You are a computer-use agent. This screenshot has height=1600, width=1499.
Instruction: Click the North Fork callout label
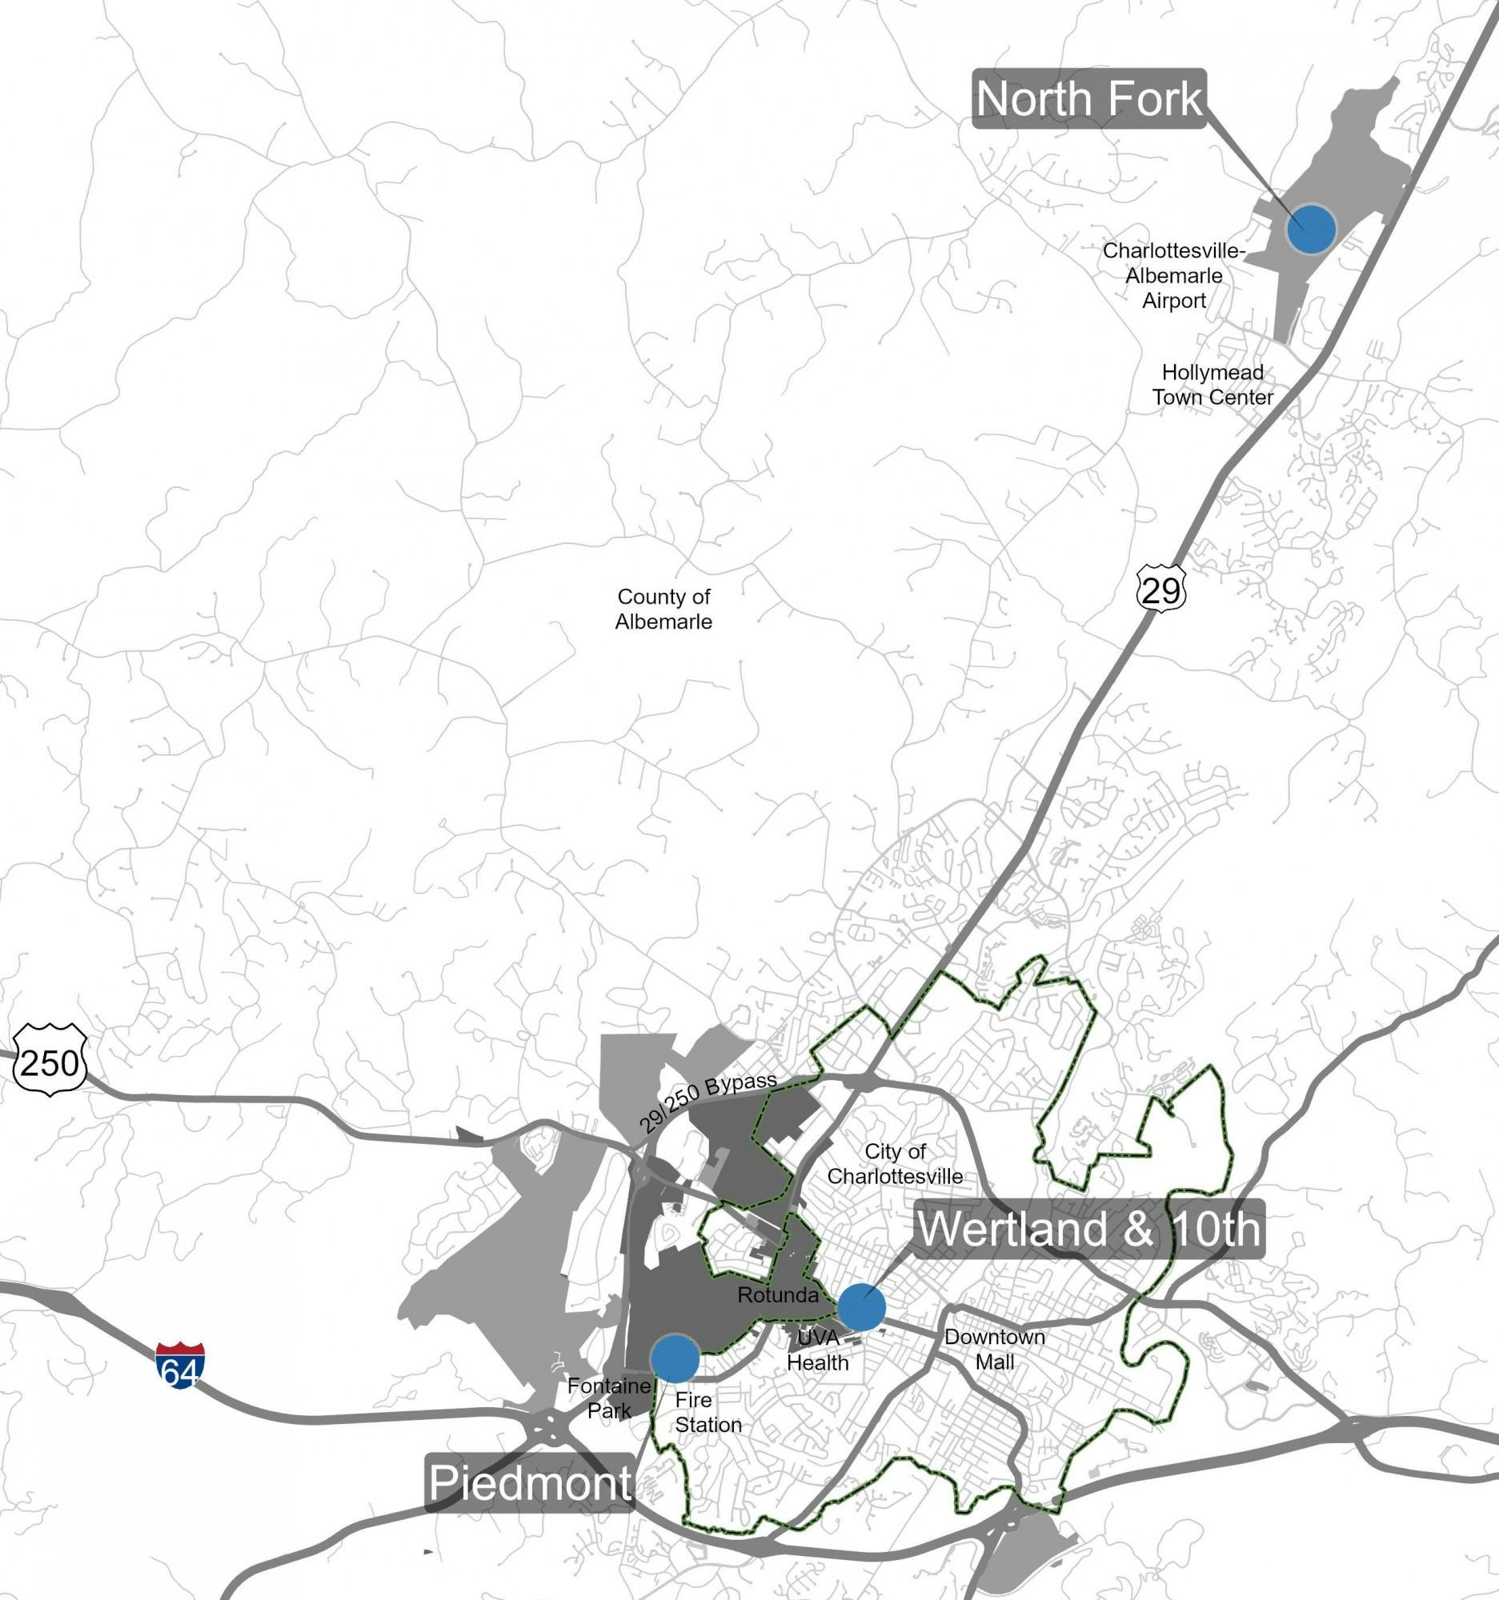(x=1088, y=99)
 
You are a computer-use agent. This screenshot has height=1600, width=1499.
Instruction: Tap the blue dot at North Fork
(x=1311, y=230)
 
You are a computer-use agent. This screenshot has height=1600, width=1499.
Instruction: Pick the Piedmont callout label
(x=530, y=1482)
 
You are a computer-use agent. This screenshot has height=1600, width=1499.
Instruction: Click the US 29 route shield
(x=1161, y=591)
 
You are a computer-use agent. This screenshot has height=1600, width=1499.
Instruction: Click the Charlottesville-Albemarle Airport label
(x=1174, y=276)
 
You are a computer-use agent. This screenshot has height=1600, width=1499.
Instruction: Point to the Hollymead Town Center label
(x=1212, y=385)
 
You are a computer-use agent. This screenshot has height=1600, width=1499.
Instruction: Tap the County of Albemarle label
(x=663, y=609)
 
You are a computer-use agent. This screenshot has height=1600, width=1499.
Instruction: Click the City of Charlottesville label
(x=895, y=1164)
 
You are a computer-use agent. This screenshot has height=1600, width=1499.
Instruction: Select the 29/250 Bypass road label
(x=708, y=1102)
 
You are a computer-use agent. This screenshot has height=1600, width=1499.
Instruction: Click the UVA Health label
(x=818, y=1350)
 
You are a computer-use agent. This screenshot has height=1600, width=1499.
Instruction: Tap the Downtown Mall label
(x=994, y=1349)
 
